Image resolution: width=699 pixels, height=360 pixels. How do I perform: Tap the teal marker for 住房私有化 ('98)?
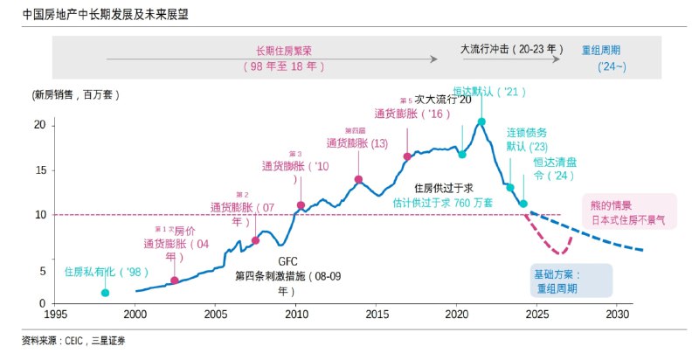pos(105,293)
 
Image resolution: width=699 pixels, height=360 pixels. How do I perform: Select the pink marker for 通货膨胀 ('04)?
pos(175,280)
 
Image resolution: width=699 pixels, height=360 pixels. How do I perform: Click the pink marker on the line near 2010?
pos(301,205)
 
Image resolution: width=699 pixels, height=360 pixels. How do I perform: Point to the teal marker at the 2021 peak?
pos(481,121)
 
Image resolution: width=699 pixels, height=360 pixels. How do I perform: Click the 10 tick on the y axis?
pos(39,214)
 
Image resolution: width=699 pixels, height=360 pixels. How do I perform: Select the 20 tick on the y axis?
pos(39,125)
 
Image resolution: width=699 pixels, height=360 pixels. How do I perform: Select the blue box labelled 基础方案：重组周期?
pos(571,280)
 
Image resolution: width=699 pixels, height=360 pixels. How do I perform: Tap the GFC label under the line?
pos(289,260)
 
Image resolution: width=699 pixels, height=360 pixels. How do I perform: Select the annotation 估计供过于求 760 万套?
pos(443,202)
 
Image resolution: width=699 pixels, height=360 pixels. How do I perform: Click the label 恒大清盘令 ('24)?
pos(555,169)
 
